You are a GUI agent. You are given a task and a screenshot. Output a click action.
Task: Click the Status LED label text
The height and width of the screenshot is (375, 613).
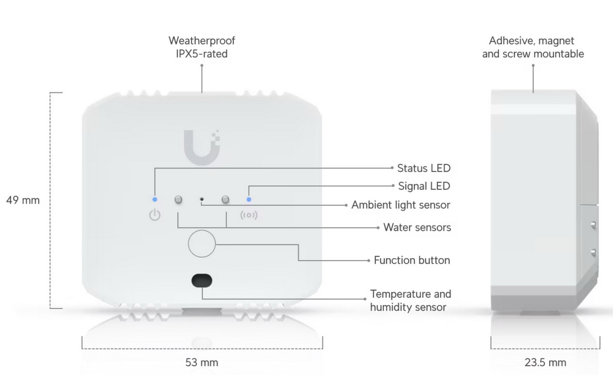pyautogui.click(x=424, y=168)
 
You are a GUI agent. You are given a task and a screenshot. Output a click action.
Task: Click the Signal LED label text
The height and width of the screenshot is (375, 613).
pyautogui.click(x=424, y=186)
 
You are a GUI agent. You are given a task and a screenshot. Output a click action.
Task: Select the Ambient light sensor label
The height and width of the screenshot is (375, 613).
pyautogui.click(x=400, y=205)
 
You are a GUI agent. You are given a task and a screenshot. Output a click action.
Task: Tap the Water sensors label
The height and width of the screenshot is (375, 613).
pyautogui.click(x=417, y=228)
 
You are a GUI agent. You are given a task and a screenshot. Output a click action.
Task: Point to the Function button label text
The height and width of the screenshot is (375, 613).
pyautogui.click(x=412, y=260)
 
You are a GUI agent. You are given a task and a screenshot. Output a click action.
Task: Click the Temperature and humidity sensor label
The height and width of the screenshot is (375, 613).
pyautogui.click(x=411, y=301)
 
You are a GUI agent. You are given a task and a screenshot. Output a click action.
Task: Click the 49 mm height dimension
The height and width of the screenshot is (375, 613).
pyautogui.click(x=22, y=201)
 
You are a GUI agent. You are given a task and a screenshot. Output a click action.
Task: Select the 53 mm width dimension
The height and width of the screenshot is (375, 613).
pyautogui.click(x=201, y=363)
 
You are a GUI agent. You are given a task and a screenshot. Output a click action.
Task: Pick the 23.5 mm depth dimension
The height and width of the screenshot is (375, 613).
pyautogui.click(x=545, y=363)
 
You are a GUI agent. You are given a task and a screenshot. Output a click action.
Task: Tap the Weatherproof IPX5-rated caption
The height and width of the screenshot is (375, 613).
pyautogui.click(x=202, y=47)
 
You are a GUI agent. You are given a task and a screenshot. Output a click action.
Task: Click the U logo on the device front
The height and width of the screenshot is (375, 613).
pyautogui.click(x=201, y=146)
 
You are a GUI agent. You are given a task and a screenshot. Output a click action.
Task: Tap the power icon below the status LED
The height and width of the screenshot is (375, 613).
pyautogui.click(x=155, y=215)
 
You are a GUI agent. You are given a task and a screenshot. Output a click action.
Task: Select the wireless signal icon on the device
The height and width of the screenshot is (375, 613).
pyautogui.click(x=249, y=215)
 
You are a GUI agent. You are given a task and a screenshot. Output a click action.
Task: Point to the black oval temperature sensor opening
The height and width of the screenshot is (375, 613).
pyautogui.click(x=202, y=280)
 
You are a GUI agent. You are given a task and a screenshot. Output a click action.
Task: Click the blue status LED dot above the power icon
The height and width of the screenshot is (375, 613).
pyautogui.click(x=155, y=199)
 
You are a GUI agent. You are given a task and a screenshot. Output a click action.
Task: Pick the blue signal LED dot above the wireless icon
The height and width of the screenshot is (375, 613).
pyautogui.click(x=249, y=199)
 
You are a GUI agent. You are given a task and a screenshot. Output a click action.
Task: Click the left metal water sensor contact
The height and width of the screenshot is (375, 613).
pyautogui.click(x=178, y=199)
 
